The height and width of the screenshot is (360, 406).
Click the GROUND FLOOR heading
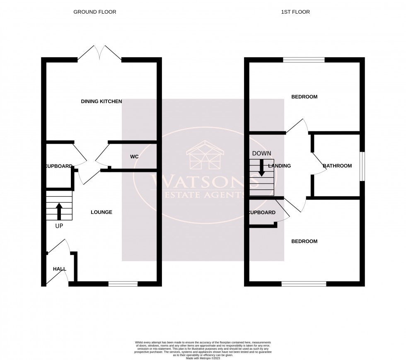point(95,12)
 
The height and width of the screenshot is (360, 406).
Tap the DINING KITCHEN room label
point(101,101)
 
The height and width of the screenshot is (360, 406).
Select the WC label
point(134,157)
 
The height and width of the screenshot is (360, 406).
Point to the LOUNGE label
point(101,212)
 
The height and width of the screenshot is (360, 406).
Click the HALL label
point(59,269)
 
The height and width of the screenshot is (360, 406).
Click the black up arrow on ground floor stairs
point(59,210)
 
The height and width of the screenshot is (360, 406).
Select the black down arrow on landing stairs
point(261,167)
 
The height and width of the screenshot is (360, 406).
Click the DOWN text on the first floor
point(261,153)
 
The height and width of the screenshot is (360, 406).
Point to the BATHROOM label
point(337,166)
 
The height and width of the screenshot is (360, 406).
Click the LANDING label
point(280,166)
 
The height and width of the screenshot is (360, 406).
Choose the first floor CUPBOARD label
point(261,213)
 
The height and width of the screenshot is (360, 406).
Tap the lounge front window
point(123,284)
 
